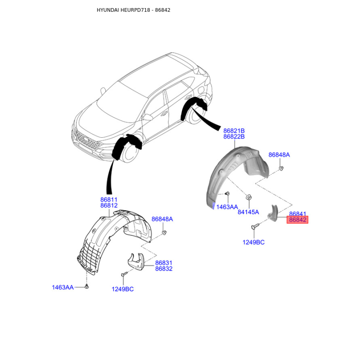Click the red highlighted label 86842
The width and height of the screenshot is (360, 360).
[x=297, y=220]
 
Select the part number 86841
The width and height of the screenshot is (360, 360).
[x=297, y=214]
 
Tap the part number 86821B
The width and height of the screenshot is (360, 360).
[x=234, y=130]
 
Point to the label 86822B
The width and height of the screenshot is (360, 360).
[x=234, y=136]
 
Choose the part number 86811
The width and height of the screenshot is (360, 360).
[x=109, y=199]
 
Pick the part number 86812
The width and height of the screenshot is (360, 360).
[x=109, y=205]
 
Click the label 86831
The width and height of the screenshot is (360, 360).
[x=164, y=262]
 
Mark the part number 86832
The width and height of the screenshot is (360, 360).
[x=164, y=269]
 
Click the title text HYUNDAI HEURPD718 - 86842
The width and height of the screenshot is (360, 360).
[x=127, y=10]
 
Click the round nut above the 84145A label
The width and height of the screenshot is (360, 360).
[x=248, y=197]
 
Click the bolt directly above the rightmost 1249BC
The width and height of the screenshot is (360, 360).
[x=256, y=226]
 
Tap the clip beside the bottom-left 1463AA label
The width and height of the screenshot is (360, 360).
[x=87, y=287]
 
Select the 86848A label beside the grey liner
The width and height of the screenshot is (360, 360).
[x=279, y=155]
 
